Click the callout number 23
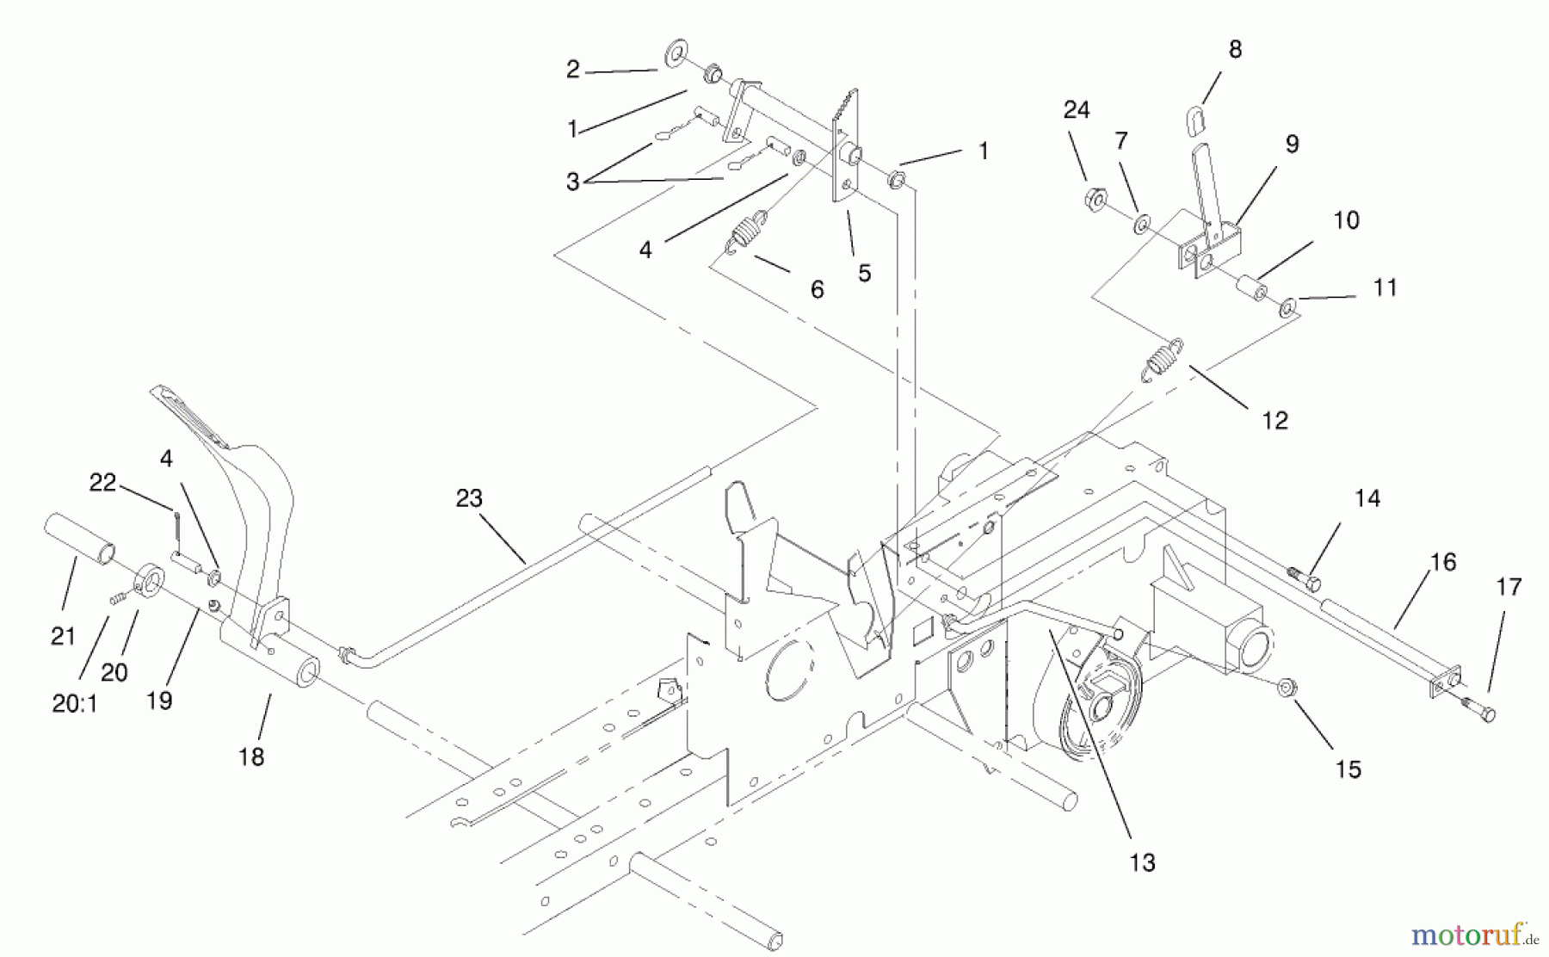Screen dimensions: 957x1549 click(x=469, y=498)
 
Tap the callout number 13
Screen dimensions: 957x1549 click(x=1142, y=862)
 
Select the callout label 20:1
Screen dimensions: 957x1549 click(x=75, y=703)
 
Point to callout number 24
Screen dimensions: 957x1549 click(x=1076, y=110)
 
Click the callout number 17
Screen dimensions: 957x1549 click(x=1509, y=587)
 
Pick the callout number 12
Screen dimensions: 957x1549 click(x=1274, y=420)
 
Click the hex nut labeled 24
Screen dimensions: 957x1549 click(x=1096, y=201)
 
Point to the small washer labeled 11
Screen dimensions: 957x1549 click(x=1288, y=306)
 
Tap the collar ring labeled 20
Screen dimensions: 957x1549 click(x=150, y=579)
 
